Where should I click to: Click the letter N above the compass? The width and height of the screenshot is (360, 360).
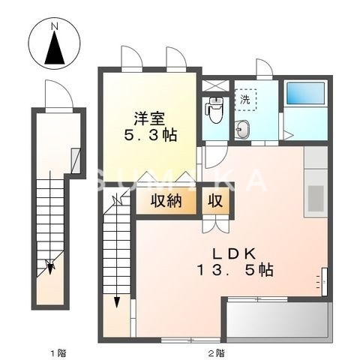[x=54, y=28]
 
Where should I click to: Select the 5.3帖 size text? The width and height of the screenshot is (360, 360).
[x=150, y=136]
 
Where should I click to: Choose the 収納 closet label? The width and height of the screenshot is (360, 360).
[x=168, y=202]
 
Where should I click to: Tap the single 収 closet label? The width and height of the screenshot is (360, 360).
[x=216, y=202]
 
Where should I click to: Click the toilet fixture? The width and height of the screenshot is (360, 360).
[x=215, y=111]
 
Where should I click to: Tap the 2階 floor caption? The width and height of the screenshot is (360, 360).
[x=216, y=352]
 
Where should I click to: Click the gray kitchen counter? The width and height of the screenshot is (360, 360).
[x=315, y=180]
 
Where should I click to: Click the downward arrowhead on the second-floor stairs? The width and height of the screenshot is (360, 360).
[x=118, y=302]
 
